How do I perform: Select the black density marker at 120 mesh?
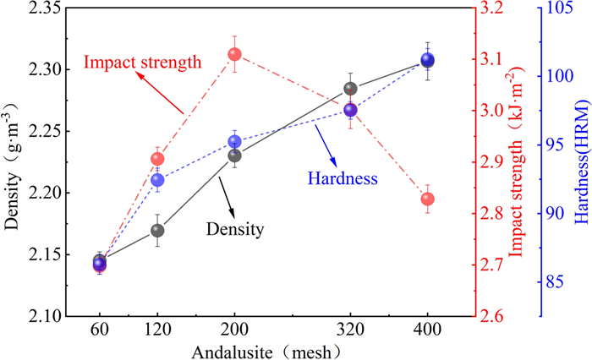coord(157,230)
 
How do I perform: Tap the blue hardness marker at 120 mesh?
coord(157,180)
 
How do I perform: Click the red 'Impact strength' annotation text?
coord(142,62)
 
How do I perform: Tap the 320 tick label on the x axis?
coord(350,330)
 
